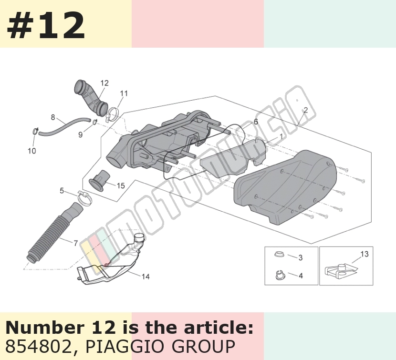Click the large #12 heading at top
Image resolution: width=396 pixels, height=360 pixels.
click(46, 25)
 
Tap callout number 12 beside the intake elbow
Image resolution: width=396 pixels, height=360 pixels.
click(104, 83)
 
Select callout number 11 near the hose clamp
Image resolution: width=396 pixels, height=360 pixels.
click(124, 93)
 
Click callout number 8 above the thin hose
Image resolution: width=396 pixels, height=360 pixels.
click(53, 117)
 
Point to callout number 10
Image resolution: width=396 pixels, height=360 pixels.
click(32, 151)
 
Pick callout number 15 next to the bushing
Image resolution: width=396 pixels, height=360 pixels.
click(121, 186)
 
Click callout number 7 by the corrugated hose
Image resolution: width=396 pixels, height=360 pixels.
click(76, 243)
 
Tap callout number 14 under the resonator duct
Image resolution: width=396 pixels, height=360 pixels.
click(146, 277)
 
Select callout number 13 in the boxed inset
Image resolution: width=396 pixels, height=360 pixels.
click(364, 254)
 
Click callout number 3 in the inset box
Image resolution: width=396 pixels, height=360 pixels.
click(301, 257)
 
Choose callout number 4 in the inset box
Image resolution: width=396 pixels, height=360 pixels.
click(301, 276)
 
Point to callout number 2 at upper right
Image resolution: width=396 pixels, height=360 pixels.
click(306, 110)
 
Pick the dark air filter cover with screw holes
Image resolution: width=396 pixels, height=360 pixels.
click(285, 187)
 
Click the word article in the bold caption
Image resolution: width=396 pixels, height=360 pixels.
click(218, 328)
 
